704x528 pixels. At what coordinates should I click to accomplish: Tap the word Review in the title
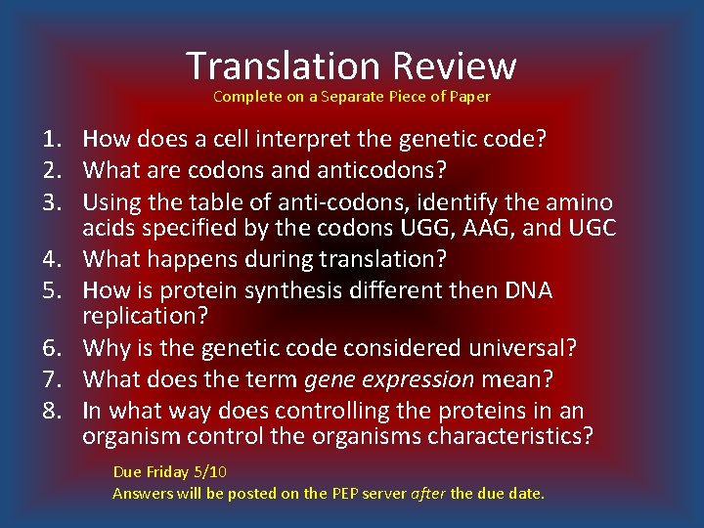pos(454,66)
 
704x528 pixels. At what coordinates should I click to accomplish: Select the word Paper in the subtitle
pos(469,97)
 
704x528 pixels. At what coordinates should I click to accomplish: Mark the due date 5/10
pos(210,471)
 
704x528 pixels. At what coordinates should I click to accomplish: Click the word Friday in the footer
pos(167,471)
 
